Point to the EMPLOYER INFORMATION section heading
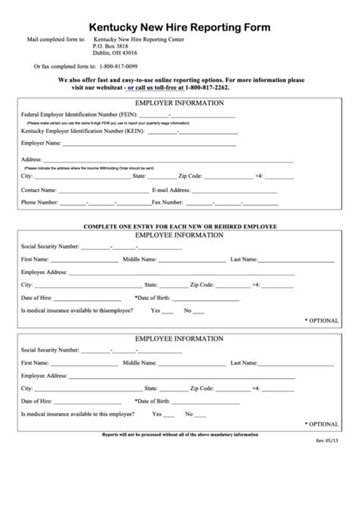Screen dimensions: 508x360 (x=179, y=102)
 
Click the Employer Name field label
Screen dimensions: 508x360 (x=42, y=142)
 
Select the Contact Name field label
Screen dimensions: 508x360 (x=39, y=189)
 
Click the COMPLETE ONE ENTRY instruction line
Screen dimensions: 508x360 (x=179, y=227)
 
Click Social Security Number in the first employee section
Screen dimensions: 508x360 (x=50, y=246)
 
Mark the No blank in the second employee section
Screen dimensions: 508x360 (x=199, y=414)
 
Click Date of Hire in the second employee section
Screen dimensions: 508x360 (x=37, y=400)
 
